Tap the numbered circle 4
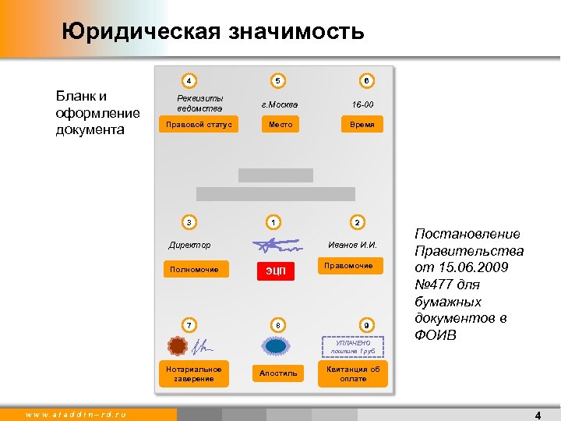[x=189, y=80]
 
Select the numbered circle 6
[x=365, y=80]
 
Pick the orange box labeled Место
[x=280, y=124]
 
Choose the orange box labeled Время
[x=362, y=124]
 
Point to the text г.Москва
[x=279, y=104]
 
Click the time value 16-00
[x=363, y=104]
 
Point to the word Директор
[x=189, y=246]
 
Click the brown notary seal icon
[x=178, y=345]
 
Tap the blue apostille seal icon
[x=277, y=345]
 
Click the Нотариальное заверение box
[x=194, y=373]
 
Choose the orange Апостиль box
[x=278, y=373]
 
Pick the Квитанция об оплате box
[x=354, y=374]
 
